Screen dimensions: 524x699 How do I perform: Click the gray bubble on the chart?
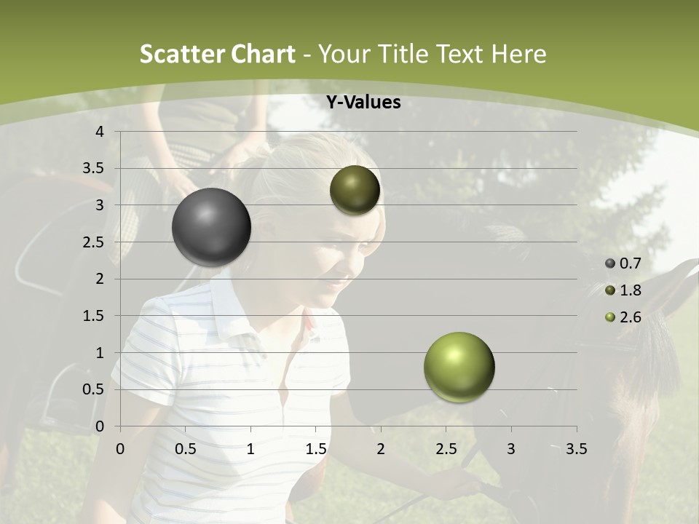211,227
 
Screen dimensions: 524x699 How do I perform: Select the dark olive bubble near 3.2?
355,190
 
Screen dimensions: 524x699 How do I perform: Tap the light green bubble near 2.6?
459,367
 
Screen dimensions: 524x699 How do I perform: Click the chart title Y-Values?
363,103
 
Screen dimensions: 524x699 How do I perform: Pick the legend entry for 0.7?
623,263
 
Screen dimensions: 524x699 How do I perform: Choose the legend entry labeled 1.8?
623,290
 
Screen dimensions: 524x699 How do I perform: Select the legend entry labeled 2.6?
623,317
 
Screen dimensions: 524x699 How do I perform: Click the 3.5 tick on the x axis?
576,449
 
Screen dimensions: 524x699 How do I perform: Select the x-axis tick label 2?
381,449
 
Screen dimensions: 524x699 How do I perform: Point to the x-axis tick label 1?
250,449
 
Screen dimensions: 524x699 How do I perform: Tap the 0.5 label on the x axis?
186,449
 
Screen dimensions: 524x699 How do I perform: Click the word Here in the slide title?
518,54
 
